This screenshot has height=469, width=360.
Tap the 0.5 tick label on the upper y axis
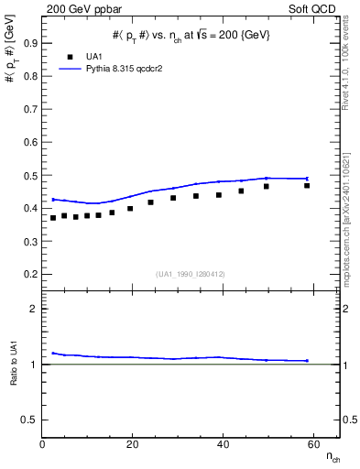[31, 176]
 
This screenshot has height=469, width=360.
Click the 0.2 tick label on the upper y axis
[31, 274]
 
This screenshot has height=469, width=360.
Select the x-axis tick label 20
[132, 444]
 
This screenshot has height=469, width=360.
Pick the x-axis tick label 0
[42, 444]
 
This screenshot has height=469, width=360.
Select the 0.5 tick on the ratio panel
[30, 420]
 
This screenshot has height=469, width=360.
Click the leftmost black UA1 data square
[53, 218]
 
